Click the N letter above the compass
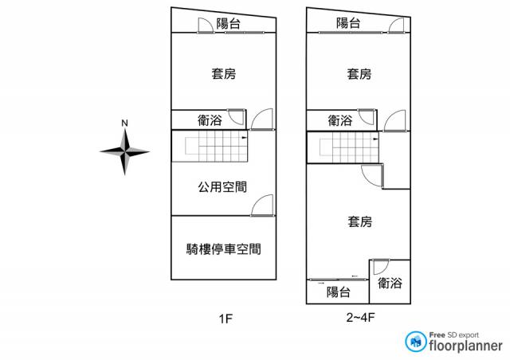tap(124, 123)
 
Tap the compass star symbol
tap(124, 151)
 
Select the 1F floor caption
tap(226, 319)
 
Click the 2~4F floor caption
tap(360, 317)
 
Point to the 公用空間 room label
tap(222, 186)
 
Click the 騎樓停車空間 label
tap(224, 249)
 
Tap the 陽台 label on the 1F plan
tap(229, 23)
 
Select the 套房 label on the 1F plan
tap(224, 73)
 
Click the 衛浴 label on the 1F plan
tap(210, 120)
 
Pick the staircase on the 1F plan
tap(210, 146)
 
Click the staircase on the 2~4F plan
tap(343, 147)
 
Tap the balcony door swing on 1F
tap(206, 25)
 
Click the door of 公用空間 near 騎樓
tap(262, 205)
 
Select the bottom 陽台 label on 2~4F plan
tap(339, 292)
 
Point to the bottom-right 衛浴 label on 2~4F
tap(390, 283)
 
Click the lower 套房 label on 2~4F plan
tap(359, 221)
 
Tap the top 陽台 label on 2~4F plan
tap(348, 23)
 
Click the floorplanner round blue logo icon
tap(416, 342)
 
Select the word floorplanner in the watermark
tap(465, 346)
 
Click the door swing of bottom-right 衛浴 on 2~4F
tap(381, 267)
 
